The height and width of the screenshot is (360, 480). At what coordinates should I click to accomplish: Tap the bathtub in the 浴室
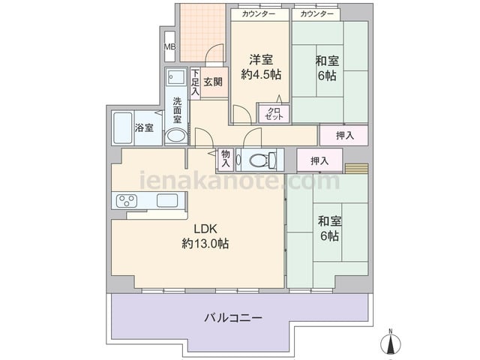coord(123,128)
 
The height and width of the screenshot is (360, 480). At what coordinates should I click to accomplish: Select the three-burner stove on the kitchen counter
coord(127,201)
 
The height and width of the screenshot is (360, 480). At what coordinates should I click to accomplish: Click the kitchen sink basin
coord(166,200)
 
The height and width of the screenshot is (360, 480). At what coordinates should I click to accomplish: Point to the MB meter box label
coord(170,46)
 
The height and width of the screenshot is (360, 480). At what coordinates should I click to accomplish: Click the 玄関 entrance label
coord(213,82)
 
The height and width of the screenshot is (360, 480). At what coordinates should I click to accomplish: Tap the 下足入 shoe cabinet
coord(195,83)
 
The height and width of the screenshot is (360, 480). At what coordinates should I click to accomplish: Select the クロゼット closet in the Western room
coord(274,113)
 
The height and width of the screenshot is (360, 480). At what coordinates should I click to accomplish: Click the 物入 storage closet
coord(226,159)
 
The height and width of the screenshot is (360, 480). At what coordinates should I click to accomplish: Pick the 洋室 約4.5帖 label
coord(261,67)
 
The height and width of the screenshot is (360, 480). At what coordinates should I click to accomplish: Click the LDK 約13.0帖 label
coord(205,236)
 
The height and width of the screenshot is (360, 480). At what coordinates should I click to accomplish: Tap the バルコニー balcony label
coord(233,318)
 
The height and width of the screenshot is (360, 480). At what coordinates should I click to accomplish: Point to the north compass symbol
coord(391,342)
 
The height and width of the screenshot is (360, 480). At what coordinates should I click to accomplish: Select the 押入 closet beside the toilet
coord(319,160)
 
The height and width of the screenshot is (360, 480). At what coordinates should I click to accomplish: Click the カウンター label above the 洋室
coord(258,14)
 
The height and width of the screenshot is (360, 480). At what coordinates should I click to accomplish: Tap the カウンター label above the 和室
coord(316,14)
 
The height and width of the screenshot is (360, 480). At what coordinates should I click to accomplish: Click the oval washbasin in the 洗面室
coord(176,136)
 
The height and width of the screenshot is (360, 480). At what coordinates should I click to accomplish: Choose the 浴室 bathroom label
coord(144,127)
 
